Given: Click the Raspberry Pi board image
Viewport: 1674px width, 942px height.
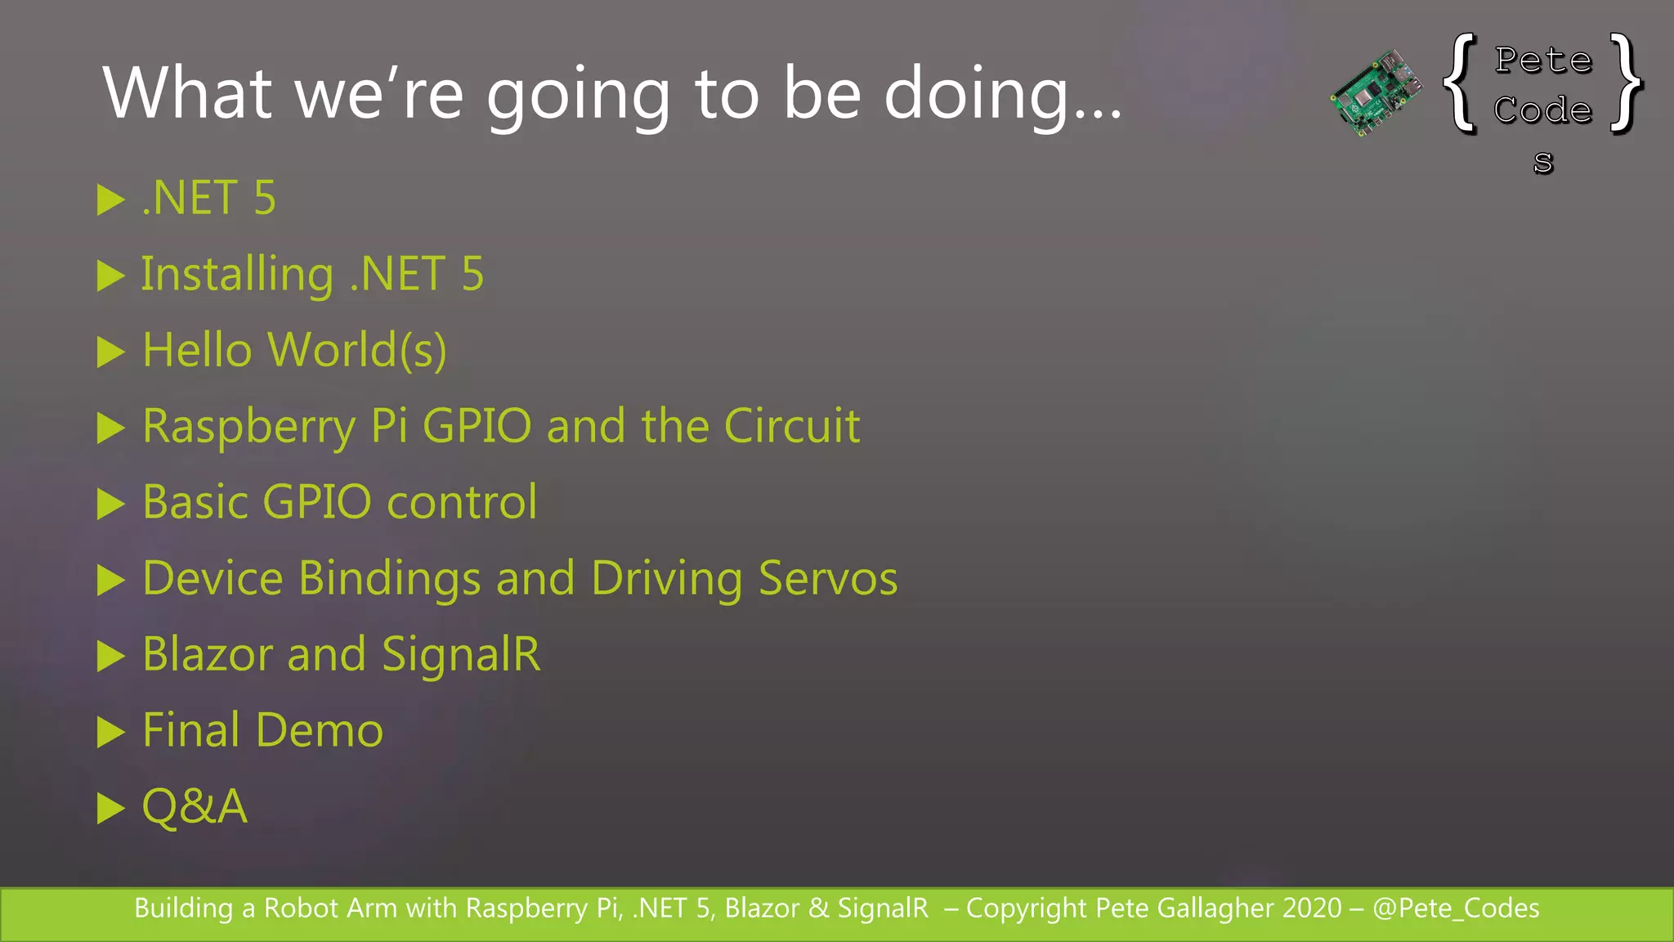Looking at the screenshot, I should (1376, 92).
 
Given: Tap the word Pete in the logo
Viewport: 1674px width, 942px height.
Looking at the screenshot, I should (1543, 61).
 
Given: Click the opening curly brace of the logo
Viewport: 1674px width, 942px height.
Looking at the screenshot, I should (1461, 83).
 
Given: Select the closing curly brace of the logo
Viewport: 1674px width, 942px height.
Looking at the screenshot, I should (1626, 83).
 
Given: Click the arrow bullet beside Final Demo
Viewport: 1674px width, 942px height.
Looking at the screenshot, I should (110, 732).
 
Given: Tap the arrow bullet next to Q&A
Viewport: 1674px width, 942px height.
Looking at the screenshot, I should (110, 808).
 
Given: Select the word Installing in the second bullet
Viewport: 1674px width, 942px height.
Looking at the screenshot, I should (237, 275).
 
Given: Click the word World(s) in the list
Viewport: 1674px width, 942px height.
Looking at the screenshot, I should (357, 351).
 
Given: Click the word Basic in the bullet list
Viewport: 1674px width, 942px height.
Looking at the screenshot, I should (195, 502).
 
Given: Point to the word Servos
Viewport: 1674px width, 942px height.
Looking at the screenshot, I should (828, 578).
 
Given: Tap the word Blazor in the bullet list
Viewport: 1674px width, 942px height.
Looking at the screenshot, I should (208, 654).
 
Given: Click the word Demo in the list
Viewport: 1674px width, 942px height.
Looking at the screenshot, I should (320, 730).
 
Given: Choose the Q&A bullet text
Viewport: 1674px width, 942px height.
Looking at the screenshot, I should (195, 806).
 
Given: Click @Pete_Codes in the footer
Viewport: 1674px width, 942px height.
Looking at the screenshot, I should (1456, 908).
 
